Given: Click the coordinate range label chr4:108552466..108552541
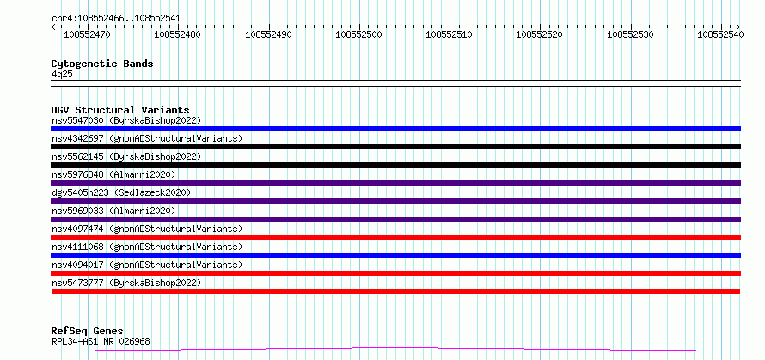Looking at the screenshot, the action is [x=116, y=19].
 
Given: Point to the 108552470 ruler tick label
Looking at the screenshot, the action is [x=88, y=34].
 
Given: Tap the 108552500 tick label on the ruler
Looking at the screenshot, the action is [x=359, y=34].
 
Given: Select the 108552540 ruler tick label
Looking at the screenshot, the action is [x=720, y=34].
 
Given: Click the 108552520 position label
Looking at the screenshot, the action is [x=540, y=34].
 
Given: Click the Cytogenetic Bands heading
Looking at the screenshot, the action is [x=102, y=64].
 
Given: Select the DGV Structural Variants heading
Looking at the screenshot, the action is [x=120, y=110].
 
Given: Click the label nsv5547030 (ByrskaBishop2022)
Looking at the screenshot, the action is [x=126, y=120].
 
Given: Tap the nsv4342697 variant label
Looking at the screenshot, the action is [x=77, y=138].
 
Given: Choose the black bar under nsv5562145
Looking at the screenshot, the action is [x=396, y=165].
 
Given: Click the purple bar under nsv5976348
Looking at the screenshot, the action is [x=396, y=183].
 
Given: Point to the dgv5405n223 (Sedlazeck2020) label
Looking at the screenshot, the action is [x=121, y=192].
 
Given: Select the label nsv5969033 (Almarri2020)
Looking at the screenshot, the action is [x=113, y=211].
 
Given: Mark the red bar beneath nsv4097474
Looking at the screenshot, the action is [x=396, y=237].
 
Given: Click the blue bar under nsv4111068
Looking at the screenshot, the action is [x=396, y=255].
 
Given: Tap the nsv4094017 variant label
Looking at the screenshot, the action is [x=77, y=265].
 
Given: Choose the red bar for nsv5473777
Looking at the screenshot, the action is [x=395, y=291].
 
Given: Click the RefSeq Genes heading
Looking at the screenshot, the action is [x=88, y=332].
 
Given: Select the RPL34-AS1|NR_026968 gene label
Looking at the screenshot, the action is [x=101, y=341].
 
